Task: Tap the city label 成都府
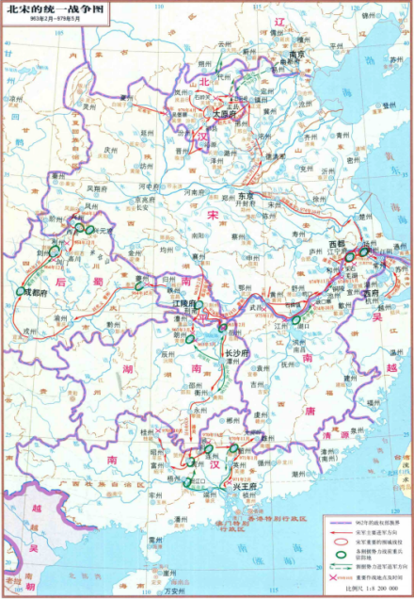(x=39, y=291)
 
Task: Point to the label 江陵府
(x=184, y=305)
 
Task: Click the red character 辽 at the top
(x=278, y=20)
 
